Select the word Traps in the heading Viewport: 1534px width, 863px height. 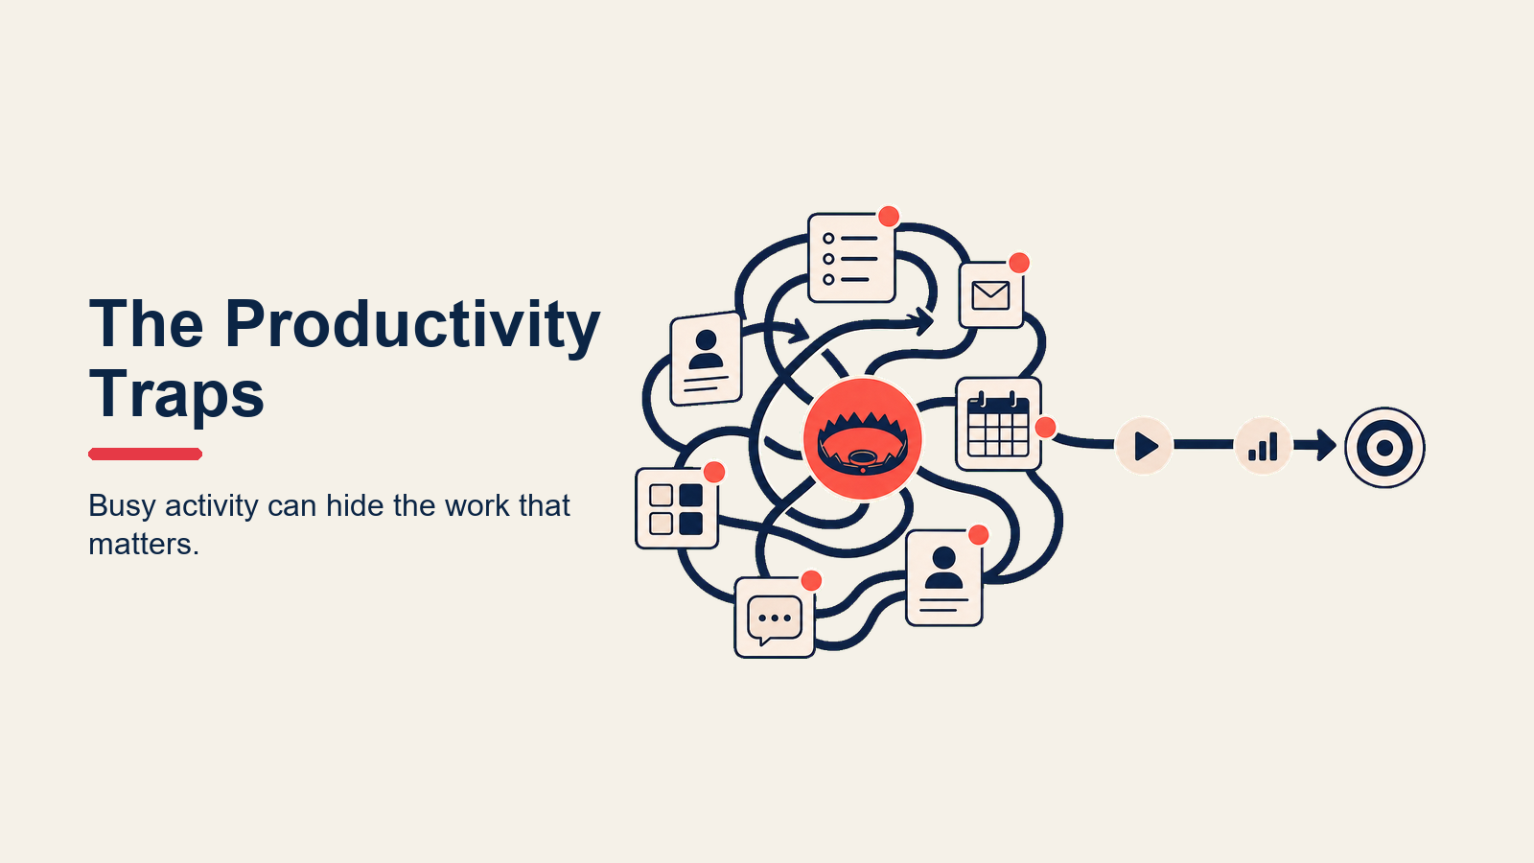coord(176,394)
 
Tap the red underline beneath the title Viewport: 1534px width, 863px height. coord(145,454)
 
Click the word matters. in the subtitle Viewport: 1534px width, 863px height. coord(144,545)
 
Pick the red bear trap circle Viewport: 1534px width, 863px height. coord(862,438)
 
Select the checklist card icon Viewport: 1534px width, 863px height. coord(851,258)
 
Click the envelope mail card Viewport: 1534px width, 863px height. coord(991,295)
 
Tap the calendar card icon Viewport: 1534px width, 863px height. coord(998,424)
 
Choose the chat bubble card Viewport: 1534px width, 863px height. coord(775,618)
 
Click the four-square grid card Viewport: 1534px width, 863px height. coord(677,508)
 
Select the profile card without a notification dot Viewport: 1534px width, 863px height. coord(706,359)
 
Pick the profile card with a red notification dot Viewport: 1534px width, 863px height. coord(944,578)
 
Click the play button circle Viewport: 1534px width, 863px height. coord(1144,446)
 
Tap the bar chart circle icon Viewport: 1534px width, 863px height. coord(1263,446)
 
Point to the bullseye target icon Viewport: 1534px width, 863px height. coord(1384,448)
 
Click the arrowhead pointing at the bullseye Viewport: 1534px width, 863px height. coord(1326,445)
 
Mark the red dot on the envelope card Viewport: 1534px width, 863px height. coord(1019,263)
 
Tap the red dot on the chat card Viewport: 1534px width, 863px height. coord(811,581)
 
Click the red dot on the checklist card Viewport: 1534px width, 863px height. coord(889,217)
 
